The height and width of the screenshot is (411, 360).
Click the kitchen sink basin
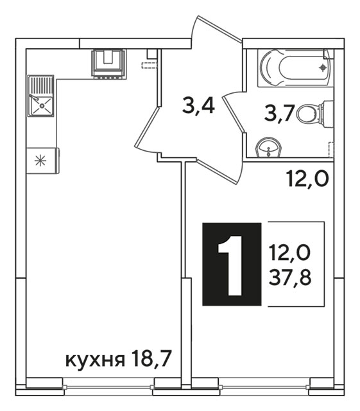(x=42, y=106)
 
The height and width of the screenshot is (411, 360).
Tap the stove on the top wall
(x=108, y=64)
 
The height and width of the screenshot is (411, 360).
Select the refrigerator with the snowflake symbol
(x=43, y=161)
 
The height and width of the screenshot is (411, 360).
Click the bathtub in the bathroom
(x=295, y=68)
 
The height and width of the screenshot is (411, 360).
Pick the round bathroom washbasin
(x=268, y=148)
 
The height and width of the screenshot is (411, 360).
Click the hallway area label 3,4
(x=199, y=105)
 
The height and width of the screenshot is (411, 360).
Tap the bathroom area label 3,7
(x=280, y=112)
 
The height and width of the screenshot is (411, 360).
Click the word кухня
(x=95, y=360)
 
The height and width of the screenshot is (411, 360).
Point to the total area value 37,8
(x=290, y=277)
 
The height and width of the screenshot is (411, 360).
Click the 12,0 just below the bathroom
(x=307, y=179)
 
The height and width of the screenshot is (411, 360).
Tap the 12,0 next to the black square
(x=290, y=252)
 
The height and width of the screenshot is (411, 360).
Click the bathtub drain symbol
(x=323, y=68)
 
